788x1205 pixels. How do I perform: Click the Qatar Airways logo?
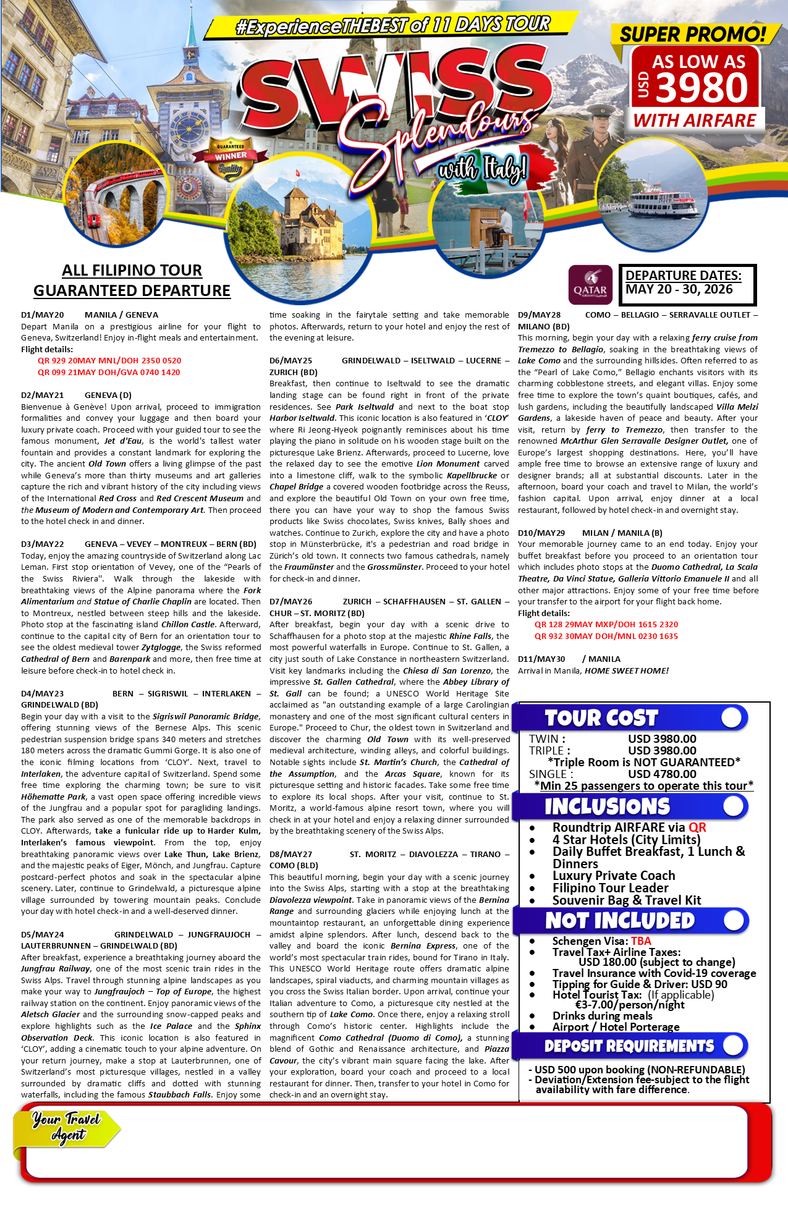point(590,285)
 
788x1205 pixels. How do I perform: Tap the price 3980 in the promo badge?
point(701,88)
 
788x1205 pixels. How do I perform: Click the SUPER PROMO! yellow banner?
point(692,34)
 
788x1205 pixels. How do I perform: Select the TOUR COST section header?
point(601,718)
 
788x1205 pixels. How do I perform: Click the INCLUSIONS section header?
point(607,806)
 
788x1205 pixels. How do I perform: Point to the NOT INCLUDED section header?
point(619,921)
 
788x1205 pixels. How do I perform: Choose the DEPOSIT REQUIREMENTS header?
point(629,1046)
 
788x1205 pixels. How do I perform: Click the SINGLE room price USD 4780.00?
point(662,774)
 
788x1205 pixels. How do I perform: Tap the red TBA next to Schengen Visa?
point(641,941)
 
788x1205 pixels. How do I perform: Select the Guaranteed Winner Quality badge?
point(231,158)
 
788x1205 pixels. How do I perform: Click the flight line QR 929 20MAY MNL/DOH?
point(109,361)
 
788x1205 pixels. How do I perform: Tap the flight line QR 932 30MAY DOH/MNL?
point(606,636)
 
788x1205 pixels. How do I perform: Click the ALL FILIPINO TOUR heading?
point(132,271)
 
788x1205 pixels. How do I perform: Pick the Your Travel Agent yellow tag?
point(67,1127)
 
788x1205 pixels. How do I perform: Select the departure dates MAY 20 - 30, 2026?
point(679,289)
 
